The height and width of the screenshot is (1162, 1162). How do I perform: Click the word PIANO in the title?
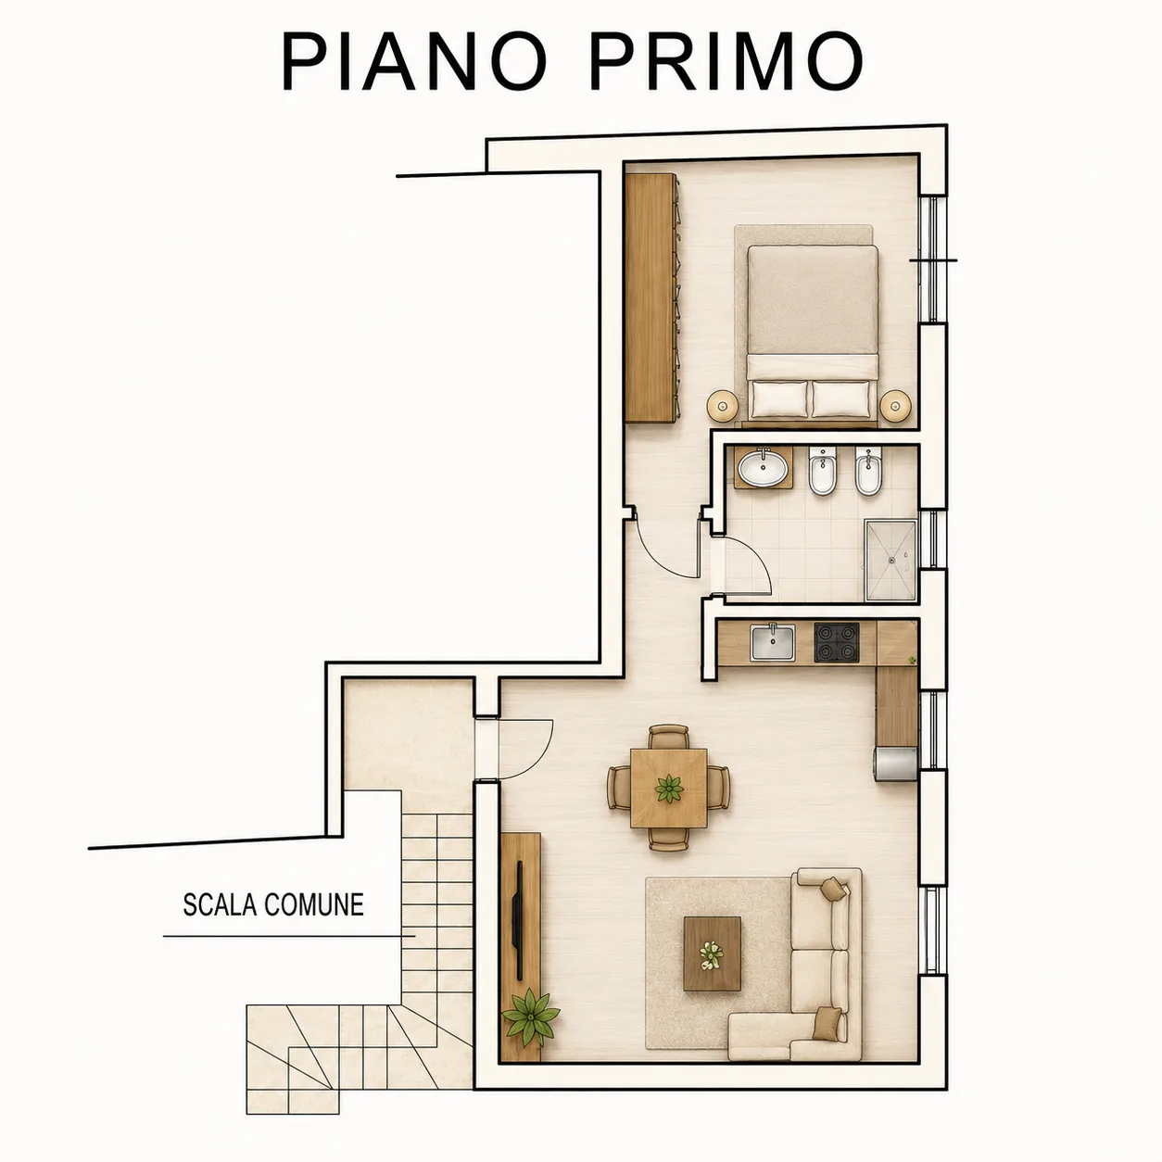pos(415,63)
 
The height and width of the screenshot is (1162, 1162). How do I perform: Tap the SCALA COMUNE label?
pos(273,904)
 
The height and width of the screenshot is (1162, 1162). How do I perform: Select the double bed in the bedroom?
pos(813,332)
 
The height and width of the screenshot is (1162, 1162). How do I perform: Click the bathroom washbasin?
pos(764,467)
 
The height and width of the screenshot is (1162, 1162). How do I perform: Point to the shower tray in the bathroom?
pos(891,561)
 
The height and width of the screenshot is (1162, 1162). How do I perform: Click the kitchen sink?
pos(773,642)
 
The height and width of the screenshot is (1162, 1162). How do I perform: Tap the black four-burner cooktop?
pos(837,642)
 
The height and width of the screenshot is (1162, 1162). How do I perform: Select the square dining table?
pos(669,788)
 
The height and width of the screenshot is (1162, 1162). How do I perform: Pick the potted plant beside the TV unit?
pos(531,1017)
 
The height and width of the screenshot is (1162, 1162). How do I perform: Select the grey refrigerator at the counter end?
pos(896,765)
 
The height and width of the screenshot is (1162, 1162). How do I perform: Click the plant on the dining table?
pos(669,789)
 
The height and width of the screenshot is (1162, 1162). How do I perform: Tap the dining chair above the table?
pos(669,737)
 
